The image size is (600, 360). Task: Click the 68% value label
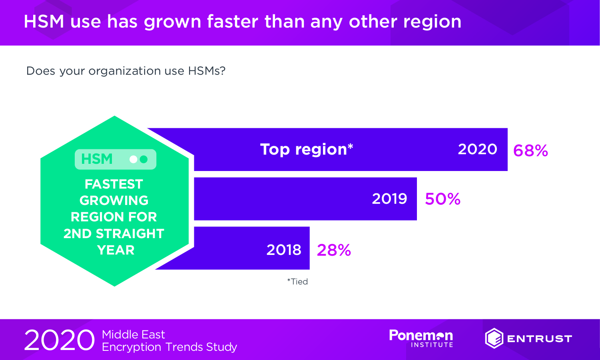coord(530,150)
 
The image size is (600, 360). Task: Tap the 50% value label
coord(443,199)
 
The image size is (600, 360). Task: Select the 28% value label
coord(334,250)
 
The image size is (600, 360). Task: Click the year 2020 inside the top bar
coord(477,149)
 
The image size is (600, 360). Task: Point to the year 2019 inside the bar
coord(389,199)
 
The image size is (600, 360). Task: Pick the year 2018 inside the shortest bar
coord(284,250)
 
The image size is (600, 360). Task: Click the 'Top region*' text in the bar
coord(307,149)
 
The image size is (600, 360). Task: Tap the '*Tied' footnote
coord(297,282)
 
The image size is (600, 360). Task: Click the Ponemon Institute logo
coord(421,338)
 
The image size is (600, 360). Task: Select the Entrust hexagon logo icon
coord(494,338)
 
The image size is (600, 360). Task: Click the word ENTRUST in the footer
coord(540,339)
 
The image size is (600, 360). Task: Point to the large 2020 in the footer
coord(59,340)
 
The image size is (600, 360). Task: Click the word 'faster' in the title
coord(233,22)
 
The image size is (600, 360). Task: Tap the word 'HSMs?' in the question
coord(207,71)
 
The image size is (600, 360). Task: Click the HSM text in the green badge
coord(97,159)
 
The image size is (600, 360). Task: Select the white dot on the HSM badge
coord(134,159)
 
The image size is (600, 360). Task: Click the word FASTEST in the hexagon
coord(114,184)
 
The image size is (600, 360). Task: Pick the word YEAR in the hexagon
coord(116,250)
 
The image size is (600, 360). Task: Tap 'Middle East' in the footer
coord(134,334)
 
